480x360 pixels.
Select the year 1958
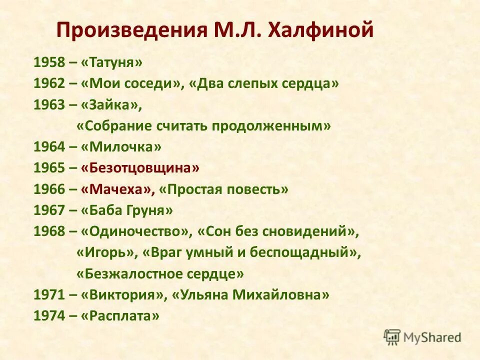point(49,62)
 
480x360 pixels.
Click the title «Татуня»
point(111,62)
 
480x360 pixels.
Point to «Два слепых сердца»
point(264,83)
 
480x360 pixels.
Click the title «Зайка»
point(111,104)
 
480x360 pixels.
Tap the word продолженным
point(270,126)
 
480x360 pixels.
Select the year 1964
point(49,147)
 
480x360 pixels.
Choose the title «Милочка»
point(121,147)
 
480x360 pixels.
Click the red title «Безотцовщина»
point(140,168)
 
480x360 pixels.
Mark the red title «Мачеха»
point(117,189)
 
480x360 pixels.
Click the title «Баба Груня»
point(126,210)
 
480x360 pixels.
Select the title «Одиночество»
point(136,231)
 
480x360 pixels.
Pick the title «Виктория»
point(123,295)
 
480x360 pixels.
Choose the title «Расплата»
point(120,316)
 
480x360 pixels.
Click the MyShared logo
point(422,337)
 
